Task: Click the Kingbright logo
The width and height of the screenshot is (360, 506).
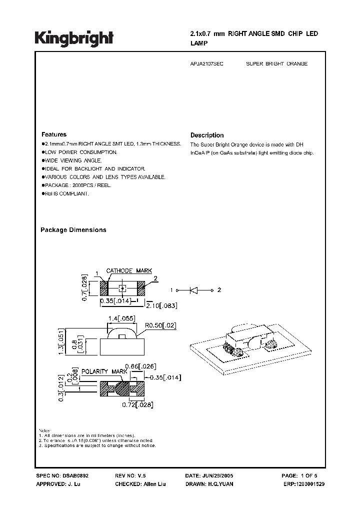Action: pos(74,37)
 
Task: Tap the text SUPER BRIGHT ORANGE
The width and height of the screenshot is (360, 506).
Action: pos(277,64)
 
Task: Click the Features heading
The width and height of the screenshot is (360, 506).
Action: pos(54,134)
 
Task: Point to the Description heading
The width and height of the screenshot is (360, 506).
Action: pos(207,135)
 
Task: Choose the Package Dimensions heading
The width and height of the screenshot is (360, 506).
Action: pos(73,230)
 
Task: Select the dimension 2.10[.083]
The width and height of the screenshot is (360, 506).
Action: pos(161,305)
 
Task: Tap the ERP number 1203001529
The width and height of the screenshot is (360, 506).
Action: pos(307,484)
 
